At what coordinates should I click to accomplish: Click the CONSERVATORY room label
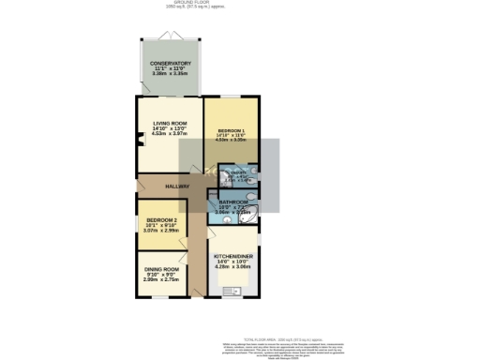(172, 64)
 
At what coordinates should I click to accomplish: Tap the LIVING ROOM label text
(157, 124)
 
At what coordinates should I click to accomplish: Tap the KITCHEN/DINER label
(232, 255)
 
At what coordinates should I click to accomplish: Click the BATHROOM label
(232, 202)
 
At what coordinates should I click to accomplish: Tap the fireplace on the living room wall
(140, 142)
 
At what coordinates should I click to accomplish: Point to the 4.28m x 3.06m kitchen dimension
(232, 266)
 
